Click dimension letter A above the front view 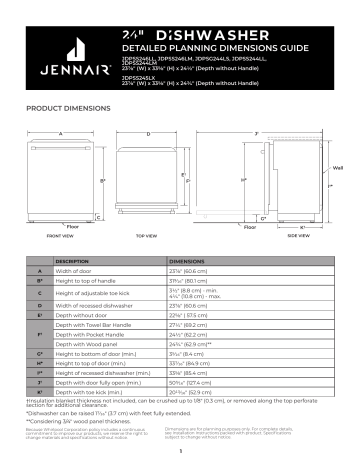(60, 133)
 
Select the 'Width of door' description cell (77, 271)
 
